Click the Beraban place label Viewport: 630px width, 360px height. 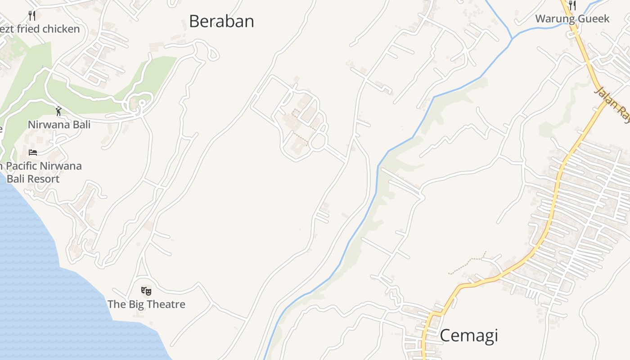tap(221, 21)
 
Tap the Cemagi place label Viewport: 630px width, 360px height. tap(468, 336)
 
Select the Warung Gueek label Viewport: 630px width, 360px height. tap(572, 18)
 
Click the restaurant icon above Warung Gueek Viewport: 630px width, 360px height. tap(572, 5)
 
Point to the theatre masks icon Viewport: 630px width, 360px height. tap(146, 291)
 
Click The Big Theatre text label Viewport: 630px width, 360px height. tap(146, 304)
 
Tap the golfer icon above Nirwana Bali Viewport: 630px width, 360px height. tap(58, 111)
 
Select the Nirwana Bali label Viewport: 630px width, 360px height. tap(59, 124)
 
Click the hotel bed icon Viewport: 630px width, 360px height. tap(33, 152)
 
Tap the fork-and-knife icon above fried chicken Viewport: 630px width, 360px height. tap(32, 16)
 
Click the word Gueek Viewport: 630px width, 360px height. tap(594, 18)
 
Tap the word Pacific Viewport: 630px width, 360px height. tap(22, 166)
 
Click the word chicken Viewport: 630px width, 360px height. tap(61, 29)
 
